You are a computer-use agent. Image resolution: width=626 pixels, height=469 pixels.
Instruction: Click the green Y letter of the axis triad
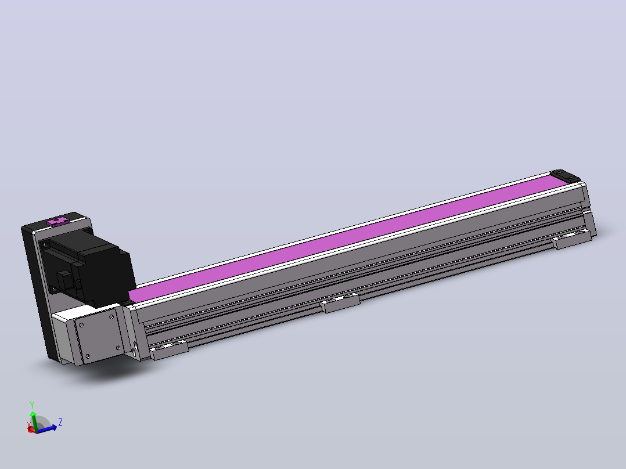coord(32,405)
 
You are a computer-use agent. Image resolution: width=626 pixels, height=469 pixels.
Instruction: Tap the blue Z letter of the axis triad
coord(60,423)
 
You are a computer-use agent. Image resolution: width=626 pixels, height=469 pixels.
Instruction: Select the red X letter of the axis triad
coord(29,424)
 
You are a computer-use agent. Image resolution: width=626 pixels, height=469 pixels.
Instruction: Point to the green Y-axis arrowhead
coord(33,414)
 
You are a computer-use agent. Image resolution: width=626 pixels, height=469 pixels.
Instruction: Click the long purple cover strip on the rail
coord(347,237)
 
